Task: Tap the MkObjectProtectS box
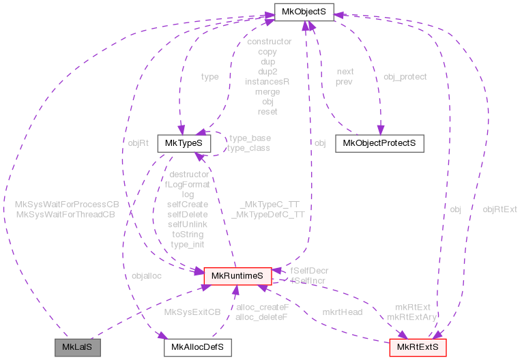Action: tap(379, 143)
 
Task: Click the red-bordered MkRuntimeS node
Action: tap(237, 276)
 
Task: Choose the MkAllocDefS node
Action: tap(197, 348)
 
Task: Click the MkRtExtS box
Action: tap(418, 348)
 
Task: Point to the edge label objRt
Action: tap(139, 143)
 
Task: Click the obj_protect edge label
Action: tap(405, 77)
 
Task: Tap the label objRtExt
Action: tap(499, 209)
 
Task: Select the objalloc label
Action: tap(147, 276)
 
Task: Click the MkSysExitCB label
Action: tap(193, 312)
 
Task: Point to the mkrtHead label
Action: tap(342, 312)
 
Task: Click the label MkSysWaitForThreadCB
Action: tap(65, 214)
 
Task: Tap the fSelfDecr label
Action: tap(309, 271)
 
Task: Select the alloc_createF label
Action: tap(262, 307)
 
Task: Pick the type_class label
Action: tap(249, 148)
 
